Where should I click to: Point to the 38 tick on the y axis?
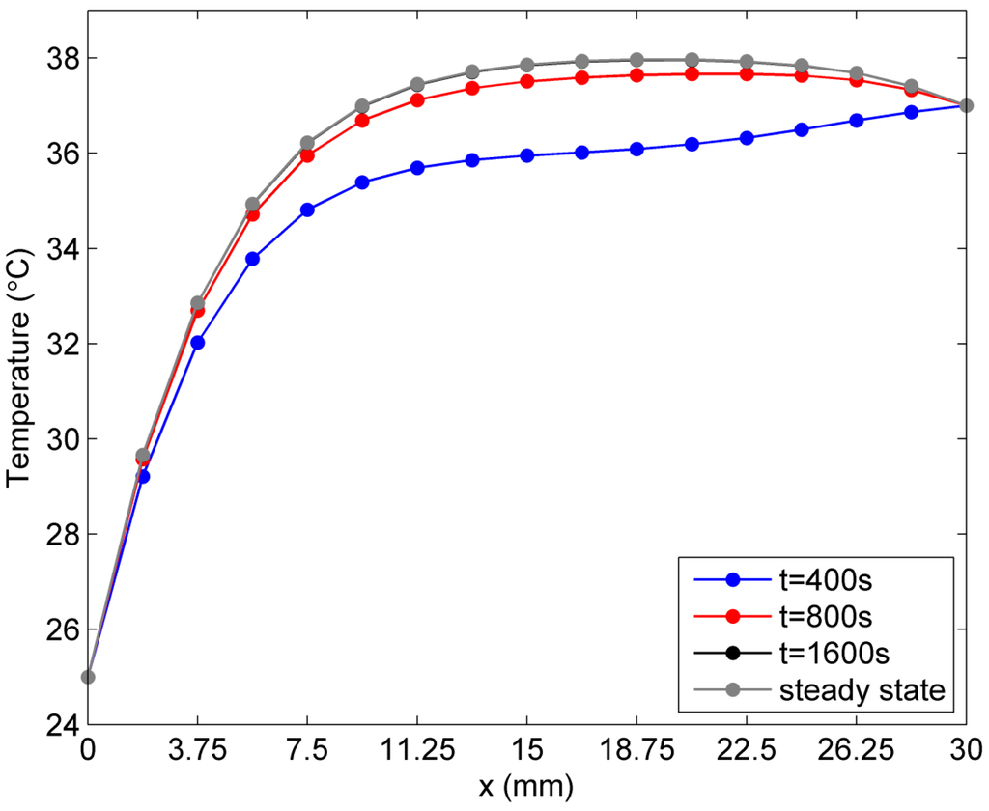[60, 58]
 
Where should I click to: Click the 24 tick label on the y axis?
[60, 724]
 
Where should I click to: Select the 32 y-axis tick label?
[60, 344]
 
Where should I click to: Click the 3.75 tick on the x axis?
[197, 748]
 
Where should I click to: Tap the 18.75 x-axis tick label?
[636, 748]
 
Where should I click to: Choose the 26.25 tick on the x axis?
[856, 748]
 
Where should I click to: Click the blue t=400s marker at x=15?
[526, 155]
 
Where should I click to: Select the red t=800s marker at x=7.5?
[307, 155]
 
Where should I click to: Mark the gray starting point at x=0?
[88, 677]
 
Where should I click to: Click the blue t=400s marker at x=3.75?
[198, 343]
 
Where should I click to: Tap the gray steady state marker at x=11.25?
[417, 85]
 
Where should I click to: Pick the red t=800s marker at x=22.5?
[746, 73]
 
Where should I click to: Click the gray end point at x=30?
[966, 105]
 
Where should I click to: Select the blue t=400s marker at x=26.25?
[856, 121]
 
